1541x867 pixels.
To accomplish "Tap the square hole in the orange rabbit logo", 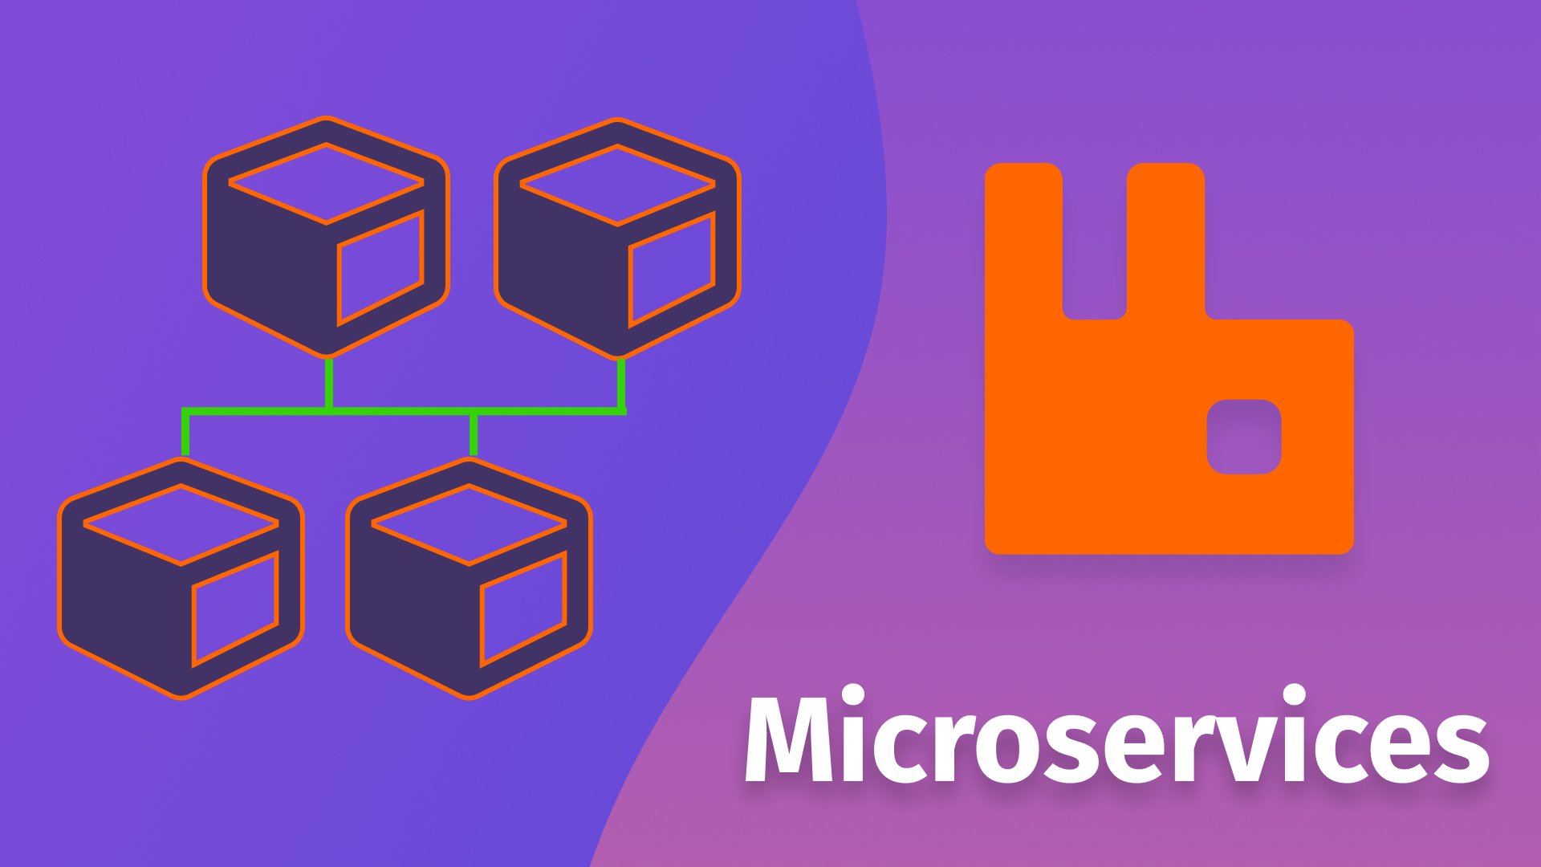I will (x=1244, y=437).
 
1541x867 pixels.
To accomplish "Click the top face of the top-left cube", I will (x=326, y=184).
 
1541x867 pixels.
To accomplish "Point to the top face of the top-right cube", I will (x=617, y=185).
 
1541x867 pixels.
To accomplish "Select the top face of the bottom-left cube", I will (x=181, y=524).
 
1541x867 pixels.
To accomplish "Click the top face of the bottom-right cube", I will (x=469, y=524).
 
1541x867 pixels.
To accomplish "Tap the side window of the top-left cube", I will (x=380, y=268).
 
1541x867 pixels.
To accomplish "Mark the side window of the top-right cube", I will (x=672, y=270).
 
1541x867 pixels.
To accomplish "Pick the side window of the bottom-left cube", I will (x=235, y=609).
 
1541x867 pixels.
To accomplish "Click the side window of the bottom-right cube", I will (x=523, y=609).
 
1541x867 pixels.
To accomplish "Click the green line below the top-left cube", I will (x=329, y=384).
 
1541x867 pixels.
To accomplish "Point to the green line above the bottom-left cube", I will (x=185, y=433).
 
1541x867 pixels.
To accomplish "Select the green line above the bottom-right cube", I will (x=474, y=434).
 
